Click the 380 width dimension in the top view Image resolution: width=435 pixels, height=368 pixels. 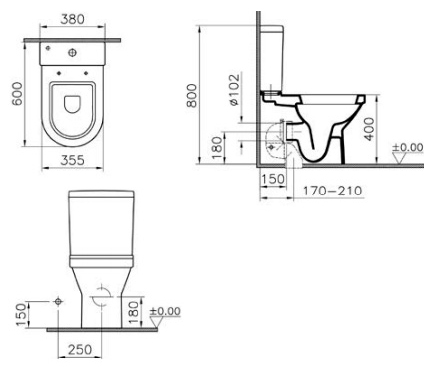point(72,19)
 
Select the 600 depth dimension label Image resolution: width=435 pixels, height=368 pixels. point(17,93)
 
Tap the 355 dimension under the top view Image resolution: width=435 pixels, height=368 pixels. point(72,160)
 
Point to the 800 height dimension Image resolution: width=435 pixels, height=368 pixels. point(191,95)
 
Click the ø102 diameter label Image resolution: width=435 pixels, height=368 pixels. point(234,89)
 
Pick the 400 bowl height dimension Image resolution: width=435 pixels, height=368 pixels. point(369,129)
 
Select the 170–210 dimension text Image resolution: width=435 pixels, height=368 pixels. point(332,191)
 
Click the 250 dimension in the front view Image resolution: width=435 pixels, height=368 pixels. point(80,350)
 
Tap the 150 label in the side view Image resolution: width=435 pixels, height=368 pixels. point(273,179)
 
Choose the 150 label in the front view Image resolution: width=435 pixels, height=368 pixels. point(21,315)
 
